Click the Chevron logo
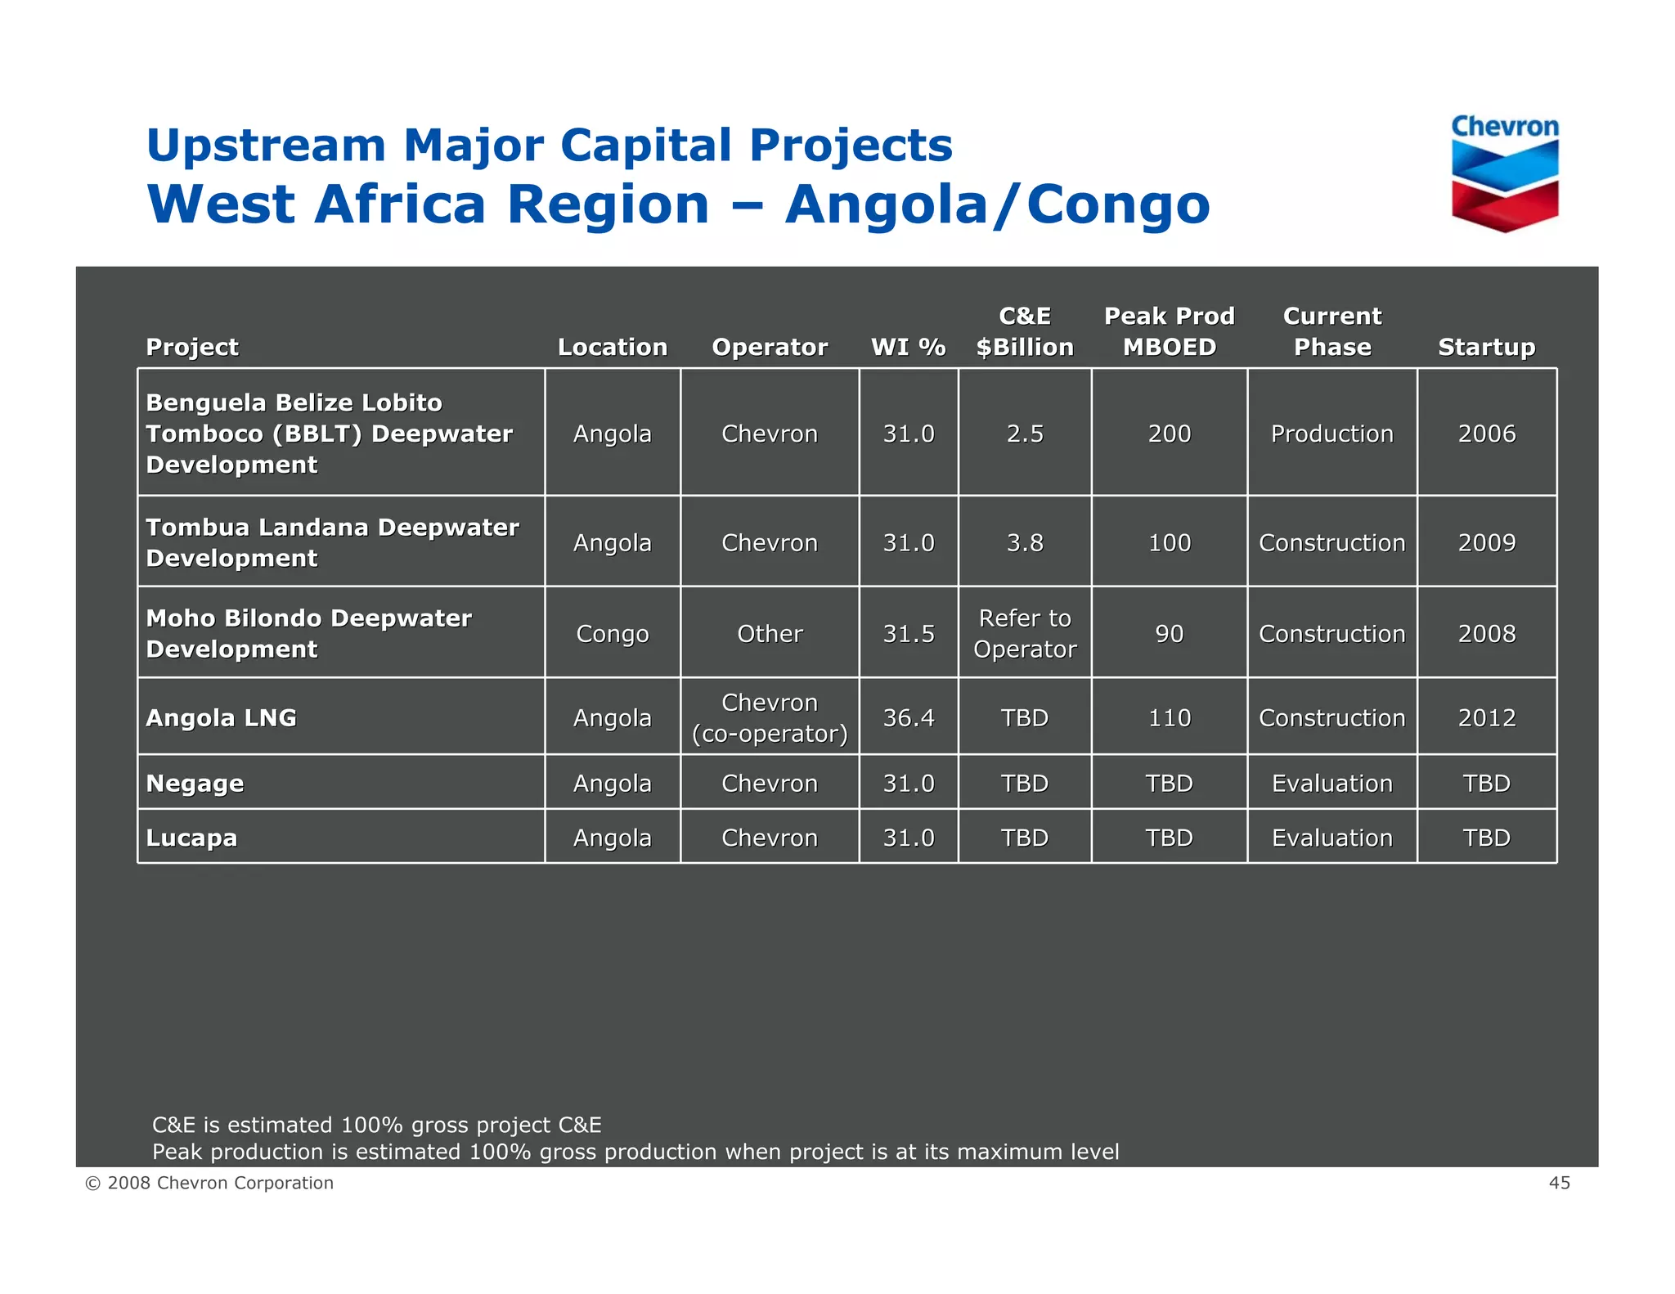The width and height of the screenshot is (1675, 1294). point(1504,173)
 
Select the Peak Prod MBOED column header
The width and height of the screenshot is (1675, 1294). point(1169,331)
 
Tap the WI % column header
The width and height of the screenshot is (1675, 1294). point(908,347)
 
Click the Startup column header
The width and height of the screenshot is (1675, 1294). point(1486,347)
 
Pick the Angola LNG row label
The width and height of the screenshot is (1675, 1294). point(221,717)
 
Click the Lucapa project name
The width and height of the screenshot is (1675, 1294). point(191,838)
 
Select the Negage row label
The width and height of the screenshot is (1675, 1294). point(195,783)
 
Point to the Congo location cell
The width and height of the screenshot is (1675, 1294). point(612,633)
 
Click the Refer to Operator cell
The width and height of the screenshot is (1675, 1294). point(1024,633)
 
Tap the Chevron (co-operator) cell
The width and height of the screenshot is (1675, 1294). point(769,717)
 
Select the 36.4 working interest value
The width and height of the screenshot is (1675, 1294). point(908,717)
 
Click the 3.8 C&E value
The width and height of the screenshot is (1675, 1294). point(1024,542)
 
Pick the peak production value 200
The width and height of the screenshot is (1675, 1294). point(1169,434)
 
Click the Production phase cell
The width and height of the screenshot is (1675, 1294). point(1331,434)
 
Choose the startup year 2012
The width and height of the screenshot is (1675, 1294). point(1486,717)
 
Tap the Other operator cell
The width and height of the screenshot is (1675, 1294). point(769,633)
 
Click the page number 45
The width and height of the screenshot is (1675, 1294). point(1559,1183)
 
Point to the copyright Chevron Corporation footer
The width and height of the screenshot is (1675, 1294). point(209,1183)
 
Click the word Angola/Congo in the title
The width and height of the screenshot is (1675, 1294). point(997,204)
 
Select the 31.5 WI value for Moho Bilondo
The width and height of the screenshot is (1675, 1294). point(908,633)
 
